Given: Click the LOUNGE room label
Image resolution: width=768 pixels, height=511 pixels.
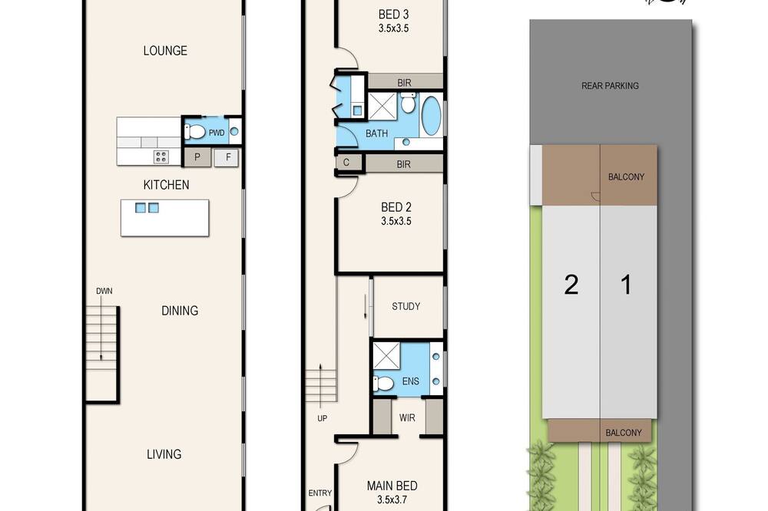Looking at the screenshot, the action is (165, 51).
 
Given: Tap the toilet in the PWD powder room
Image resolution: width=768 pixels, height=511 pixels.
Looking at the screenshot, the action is (195, 131).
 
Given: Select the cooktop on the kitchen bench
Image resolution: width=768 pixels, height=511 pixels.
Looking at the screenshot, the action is (161, 157).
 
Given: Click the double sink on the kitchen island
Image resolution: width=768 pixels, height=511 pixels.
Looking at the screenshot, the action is (147, 208).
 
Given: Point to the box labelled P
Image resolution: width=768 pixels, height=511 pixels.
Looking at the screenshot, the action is (197, 157).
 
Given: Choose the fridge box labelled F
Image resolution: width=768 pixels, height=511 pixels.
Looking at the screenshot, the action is (228, 157).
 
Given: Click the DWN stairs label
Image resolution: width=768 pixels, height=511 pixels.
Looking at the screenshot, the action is (104, 291).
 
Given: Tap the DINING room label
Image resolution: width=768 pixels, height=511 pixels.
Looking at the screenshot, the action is (180, 310).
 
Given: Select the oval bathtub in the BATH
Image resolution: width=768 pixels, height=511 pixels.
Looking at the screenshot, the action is (431, 116).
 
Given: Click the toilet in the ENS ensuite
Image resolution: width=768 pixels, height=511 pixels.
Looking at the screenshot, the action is (384, 383).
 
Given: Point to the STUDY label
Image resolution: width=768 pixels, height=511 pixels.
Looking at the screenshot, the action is (406, 306).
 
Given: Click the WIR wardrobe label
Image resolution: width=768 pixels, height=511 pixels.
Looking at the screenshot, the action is (407, 417).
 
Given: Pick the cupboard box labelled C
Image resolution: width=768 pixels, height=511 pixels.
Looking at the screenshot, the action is (346, 163).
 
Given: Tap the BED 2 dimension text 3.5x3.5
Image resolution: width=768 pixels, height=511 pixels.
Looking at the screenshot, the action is (396, 221).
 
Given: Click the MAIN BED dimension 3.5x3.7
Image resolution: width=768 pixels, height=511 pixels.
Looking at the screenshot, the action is (392, 499).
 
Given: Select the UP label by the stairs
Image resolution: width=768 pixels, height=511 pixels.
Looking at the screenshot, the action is (323, 418).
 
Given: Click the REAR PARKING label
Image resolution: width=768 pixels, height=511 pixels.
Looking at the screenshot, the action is (610, 86).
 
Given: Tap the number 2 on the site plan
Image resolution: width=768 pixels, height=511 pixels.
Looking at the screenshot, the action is (571, 285).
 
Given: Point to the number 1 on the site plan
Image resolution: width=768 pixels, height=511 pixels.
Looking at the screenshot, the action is (626, 285).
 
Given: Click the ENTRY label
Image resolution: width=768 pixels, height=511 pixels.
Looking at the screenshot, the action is (319, 493).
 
